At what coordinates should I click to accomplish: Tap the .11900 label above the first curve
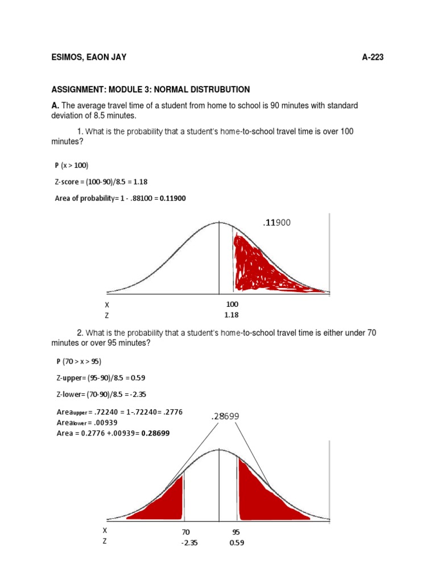[277, 223]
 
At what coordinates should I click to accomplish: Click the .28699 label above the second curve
[226, 417]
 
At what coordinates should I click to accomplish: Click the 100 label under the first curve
[232, 305]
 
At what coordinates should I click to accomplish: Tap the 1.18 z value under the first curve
[232, 314]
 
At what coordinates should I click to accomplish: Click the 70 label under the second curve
[185, 532]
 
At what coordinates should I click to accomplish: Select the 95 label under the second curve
[236, 532]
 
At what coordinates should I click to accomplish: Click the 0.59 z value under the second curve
[236, 543]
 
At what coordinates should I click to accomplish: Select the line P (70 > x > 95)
[78, 361]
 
